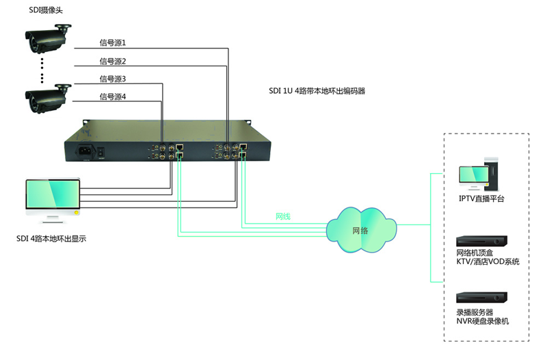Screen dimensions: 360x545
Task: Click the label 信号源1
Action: click(113, 42)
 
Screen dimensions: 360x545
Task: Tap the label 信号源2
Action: click(113, 62)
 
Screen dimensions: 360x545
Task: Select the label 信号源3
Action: click(113, 79)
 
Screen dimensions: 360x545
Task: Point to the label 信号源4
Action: click(113, 97)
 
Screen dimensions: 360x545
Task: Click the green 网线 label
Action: click(283, 216)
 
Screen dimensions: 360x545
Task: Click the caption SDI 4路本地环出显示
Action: click(51, 240)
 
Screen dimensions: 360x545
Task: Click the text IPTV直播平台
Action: click(482, 199)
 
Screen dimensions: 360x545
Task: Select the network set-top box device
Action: click(481, 242)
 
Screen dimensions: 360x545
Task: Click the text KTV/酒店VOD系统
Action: click(488, 262)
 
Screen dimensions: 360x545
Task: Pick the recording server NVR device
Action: click(481, 298)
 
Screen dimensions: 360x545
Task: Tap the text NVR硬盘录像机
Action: click(482, 321)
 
